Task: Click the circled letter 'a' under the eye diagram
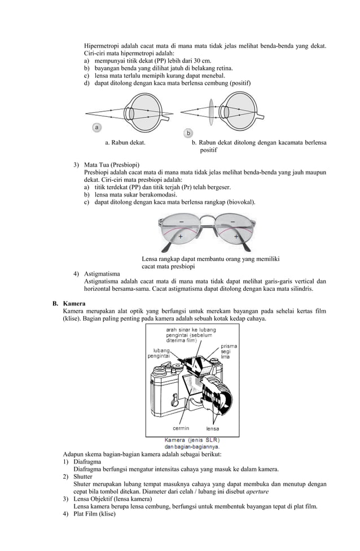(98, 128)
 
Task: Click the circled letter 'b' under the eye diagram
(188, 133)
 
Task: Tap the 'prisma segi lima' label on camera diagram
(229, 351)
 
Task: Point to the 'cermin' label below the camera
(181, 428)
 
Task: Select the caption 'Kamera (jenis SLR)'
(192, 440)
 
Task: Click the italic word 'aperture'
(254, 491)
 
